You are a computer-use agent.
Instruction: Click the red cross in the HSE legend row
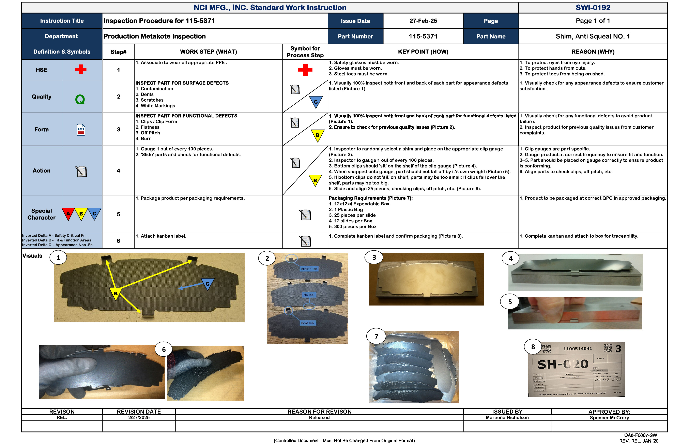click(81, 70)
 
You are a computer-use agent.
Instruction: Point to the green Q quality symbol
click(80, 100)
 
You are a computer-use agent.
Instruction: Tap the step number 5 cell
click(118, 214)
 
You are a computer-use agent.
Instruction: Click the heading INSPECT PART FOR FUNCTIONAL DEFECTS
click(186, 116)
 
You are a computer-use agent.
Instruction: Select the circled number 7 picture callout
click(376, 336)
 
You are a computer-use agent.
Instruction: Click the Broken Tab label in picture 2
click(309, 269)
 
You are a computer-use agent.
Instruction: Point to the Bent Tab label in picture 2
click(307, 323)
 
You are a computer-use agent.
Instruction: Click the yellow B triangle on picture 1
click(116, 293)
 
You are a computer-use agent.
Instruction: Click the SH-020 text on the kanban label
click(563, 364)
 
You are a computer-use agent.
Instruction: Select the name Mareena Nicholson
click(507, 418)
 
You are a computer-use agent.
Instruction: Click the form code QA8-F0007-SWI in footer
click(641, 435)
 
